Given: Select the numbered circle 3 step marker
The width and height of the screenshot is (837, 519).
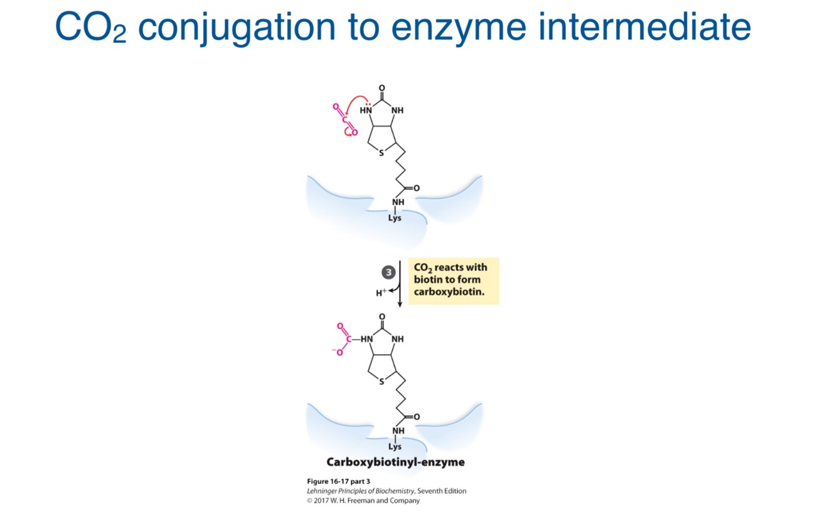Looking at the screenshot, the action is pyautogui.click(x=388, y=273).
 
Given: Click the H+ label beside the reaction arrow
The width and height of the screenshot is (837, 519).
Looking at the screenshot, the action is pyautogui.click(x=381, y=293).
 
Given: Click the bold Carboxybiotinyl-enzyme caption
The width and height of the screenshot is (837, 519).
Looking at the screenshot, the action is pyautogui.click(x=395, y=463).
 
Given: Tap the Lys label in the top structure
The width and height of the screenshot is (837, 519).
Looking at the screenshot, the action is pyautogui.click(x=395, y=218).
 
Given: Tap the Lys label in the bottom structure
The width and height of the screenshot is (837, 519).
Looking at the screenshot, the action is pyautogui.click(x=395, y=447).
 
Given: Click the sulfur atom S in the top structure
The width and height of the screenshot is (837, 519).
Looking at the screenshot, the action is pyautogui.click(x=380, y=154).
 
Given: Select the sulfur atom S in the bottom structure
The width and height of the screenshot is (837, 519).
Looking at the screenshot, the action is pyautogui.click(x=380, y=383).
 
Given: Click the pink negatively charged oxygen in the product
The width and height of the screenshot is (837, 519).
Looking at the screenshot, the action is pyautogui.click(x=339, y=352).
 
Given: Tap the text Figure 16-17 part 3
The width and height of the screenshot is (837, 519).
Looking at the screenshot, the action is pyautogui.click(x=338, y=481).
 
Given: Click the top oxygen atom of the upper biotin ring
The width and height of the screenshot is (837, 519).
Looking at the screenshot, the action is pyautogui.click(x=382, y=88).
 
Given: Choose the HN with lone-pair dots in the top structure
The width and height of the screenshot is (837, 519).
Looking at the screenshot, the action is pyautogui.click(x=366, y=110).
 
